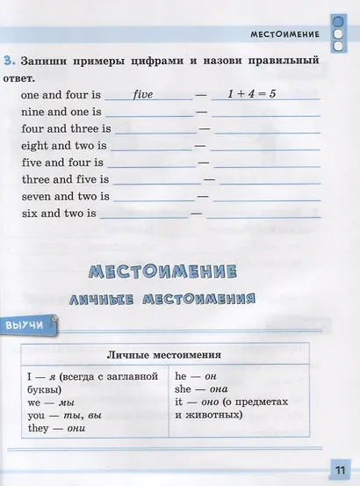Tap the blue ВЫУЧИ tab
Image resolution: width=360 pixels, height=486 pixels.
pyautogui.click(x=25, y=326)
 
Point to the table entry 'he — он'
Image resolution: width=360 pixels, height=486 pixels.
pyautogui.click(x=196, y=376)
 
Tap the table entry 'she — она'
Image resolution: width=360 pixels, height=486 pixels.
pyautogui.click(x=201, y=389)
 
